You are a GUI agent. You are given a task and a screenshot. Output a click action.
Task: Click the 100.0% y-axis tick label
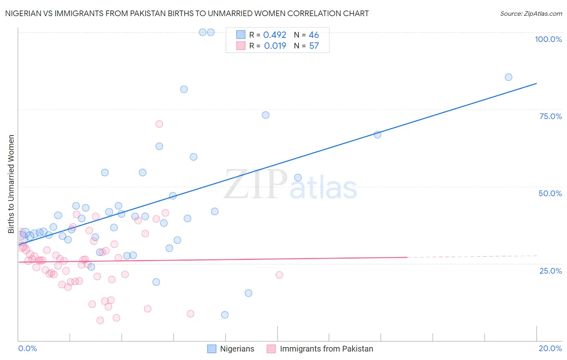tap(548, 39)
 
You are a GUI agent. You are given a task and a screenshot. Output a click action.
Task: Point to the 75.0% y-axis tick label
tap(550, 116)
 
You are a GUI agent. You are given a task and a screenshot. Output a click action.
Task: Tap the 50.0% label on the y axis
tap(550, 193)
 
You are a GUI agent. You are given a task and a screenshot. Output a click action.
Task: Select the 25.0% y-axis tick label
tap(550, 270)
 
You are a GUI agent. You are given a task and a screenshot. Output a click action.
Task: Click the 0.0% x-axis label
tap(27, 348)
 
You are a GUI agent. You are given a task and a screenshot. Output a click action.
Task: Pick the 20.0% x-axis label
tap(550, 348)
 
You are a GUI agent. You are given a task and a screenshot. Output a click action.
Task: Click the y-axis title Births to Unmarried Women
tap(11, 184)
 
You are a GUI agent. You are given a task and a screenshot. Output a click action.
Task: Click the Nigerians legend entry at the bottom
tap(237, 349)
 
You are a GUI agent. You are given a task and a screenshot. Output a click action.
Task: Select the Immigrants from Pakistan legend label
tap(326, 349)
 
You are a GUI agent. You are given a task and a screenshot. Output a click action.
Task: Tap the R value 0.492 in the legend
tap(275, 35)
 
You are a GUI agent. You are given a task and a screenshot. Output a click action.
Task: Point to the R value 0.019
tap(275, 46)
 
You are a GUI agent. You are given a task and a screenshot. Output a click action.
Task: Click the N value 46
tap(314, 35)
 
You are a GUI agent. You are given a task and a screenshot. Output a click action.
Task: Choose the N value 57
tap(314, 46)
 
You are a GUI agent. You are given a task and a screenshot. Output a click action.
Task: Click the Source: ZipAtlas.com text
tap(531, 14)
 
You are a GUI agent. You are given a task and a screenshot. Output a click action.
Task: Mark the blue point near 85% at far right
tap(509, 77)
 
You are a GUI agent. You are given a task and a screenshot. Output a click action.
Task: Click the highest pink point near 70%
tap(159, 124)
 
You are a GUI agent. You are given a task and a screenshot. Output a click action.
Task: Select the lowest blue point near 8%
tap(225, 315)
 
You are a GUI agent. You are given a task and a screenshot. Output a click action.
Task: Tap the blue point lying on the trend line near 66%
tap(377, 135)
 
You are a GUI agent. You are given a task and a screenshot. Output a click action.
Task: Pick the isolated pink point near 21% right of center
tap(279, 275)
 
